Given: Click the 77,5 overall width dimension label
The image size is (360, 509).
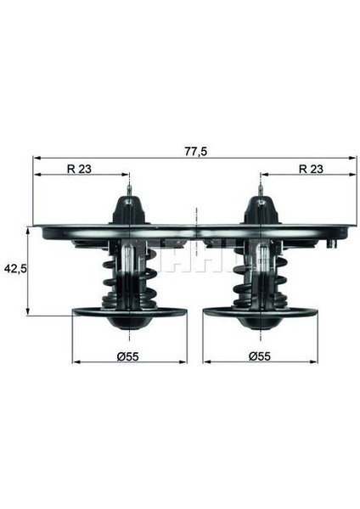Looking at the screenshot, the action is (x=196, y=151).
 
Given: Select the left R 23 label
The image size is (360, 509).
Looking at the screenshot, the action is (x=79, y=169).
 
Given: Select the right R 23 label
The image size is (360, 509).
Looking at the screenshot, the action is (x=311, y=169).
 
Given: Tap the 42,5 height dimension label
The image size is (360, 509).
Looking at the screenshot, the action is (x=15, y=268).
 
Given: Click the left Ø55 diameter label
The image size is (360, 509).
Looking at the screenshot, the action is (x=128, y=357).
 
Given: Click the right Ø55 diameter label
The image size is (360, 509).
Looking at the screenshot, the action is (x=260, y=356).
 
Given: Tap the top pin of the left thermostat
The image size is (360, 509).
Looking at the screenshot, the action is (x=129, y=190).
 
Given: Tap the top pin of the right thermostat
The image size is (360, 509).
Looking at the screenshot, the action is (x=261, y=190).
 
